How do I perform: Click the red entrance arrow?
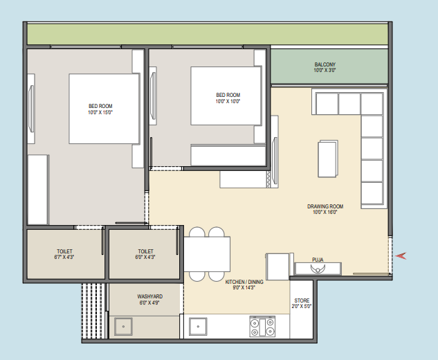coord(401,255)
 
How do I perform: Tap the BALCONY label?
coord(325,64)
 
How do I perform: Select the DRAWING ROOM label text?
coord(325,206)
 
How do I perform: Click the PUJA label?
coord(318,260)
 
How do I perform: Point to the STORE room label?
coord(302,300)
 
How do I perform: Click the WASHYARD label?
coord(149,296)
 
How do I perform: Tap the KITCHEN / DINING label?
coord(244,282)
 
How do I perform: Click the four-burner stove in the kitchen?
coord(262,326)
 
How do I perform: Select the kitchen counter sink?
coord(198,327)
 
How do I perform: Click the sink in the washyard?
coord(123,327)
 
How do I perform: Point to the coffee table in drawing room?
coord(328,159)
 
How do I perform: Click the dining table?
coord(207,254)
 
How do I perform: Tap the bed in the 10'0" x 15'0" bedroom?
coord(104,109)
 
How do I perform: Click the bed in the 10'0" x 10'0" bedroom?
coord(226,96)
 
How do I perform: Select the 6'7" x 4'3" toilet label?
coord(64,254)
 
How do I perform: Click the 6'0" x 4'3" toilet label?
coord(145,254)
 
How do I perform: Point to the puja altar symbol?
coord(318,269)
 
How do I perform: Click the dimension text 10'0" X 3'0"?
coord(325,71)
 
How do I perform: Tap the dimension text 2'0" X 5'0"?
coord(302,306)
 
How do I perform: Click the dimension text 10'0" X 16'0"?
coord(325,212)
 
